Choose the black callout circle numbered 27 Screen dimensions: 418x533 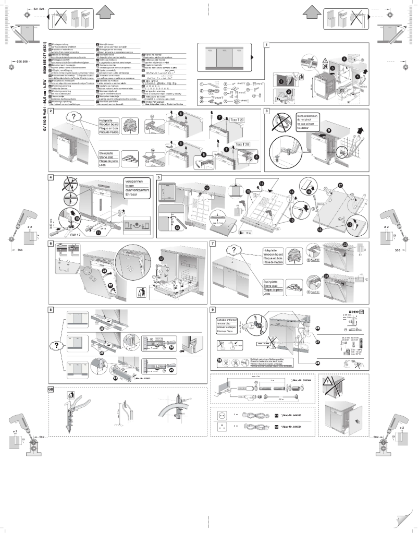pyautogui.click(x=317, y=342)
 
